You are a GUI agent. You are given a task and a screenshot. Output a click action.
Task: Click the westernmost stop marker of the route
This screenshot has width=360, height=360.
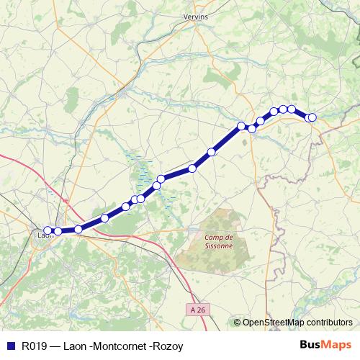click(48, 231)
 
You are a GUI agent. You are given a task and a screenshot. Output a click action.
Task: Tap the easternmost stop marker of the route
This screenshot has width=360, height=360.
click(312, 117)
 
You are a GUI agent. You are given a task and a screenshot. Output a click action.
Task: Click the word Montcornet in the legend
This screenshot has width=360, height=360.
click(117, 346)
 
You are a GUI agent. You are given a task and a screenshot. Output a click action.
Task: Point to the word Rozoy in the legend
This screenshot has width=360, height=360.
click(167, 346)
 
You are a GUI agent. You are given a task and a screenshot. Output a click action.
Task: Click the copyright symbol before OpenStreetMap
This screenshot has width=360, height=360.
click(238, 323)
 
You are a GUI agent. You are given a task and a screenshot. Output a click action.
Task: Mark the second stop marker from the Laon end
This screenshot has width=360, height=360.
click(58, 231)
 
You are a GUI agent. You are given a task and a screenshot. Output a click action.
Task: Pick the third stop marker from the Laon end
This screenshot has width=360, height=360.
click(78, 229)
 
